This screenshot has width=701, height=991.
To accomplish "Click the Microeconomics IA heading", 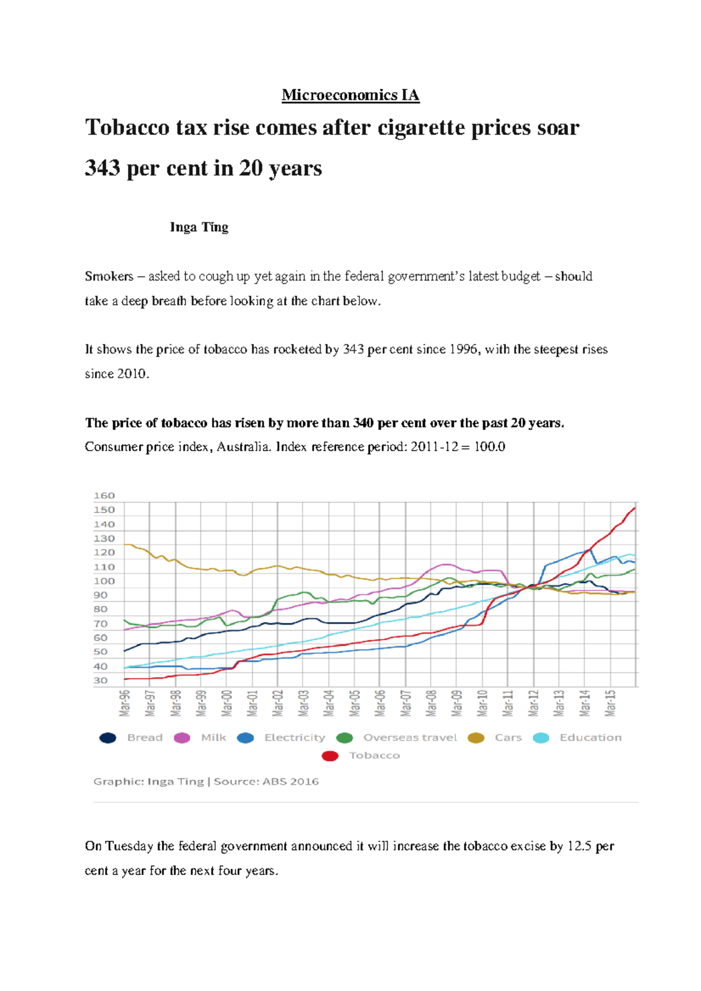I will pos(350,95).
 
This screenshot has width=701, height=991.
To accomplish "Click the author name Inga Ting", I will pos(199,227).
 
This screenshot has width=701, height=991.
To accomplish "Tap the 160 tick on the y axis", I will pos(104,496).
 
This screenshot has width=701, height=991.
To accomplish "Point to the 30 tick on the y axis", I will pos(100,681).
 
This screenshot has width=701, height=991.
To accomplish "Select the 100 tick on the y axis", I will pos(104,581).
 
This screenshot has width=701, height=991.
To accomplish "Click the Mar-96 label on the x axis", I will pos(124,703).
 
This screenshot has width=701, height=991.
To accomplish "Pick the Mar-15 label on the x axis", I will pos(610,703).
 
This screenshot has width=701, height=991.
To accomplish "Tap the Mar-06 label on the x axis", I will pos(380,703).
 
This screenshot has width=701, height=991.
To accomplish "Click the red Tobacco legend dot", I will pos(330,756).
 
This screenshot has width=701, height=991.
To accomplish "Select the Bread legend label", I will pos(145,738).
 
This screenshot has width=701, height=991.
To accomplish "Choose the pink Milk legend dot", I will pos(182,738).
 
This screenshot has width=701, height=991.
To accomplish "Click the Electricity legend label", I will pos(294,738).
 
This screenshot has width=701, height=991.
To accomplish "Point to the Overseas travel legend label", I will pos(410,738).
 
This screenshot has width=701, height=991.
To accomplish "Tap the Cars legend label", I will pos(508,738).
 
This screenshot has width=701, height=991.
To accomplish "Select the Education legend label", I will pos(591,738).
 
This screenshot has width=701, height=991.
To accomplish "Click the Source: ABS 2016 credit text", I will pos(266,781).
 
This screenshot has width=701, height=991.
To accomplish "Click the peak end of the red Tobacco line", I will pos(634,508).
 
